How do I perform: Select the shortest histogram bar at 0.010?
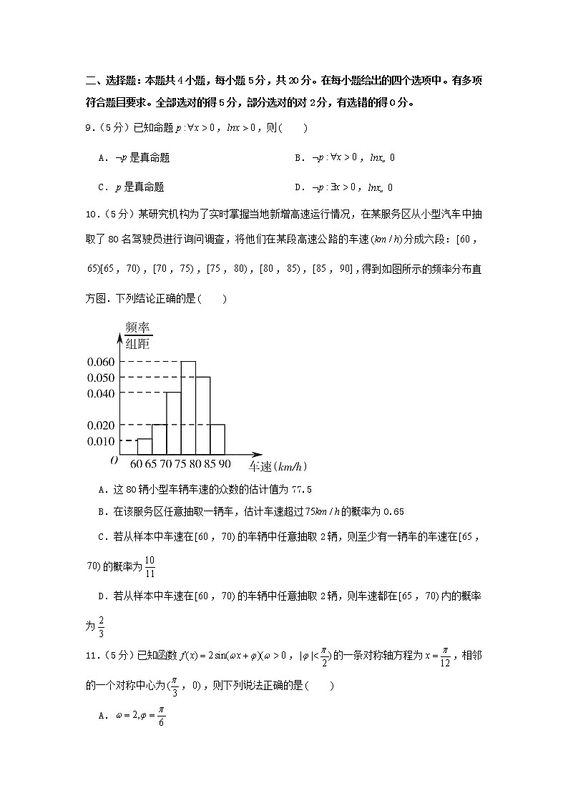click(144, 447)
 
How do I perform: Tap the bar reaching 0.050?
click(203, 415)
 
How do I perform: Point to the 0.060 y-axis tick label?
click(101, 361)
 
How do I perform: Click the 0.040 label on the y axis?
click(101, 393)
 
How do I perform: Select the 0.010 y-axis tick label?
click(101, 440)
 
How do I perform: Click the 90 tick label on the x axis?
click(225, 465)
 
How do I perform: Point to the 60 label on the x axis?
click(137, 465)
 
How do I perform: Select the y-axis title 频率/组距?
click(137, 336)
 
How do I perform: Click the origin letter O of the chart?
click(114, 460)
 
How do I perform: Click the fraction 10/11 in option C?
click(149, 566)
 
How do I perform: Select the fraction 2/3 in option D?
click(102, 626)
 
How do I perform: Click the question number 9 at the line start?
click(88, 129)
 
